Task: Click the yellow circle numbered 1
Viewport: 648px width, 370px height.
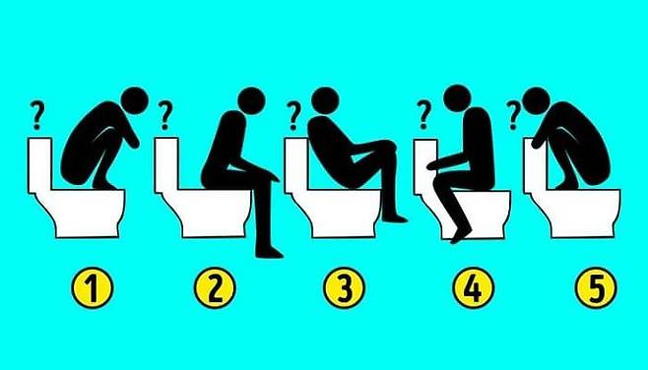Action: (93, 287)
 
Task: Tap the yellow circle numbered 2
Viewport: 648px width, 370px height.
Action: (215, 287)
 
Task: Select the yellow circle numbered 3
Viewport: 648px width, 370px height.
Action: (345, 287)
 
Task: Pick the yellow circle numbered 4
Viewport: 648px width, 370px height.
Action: (473, 287)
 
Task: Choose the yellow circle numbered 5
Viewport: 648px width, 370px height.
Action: (596, 287)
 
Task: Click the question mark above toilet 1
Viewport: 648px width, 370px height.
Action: (37, 116)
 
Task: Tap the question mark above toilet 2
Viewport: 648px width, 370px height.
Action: (164, 115)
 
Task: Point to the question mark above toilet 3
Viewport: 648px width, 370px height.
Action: (293, 116)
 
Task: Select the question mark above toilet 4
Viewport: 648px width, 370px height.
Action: (423, 115)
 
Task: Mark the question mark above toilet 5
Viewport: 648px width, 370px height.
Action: (513, 115)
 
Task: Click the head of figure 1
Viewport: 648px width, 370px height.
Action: (135, 100)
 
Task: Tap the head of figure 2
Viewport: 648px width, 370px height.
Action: (251, 100)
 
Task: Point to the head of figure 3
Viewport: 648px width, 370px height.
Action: (325, 100)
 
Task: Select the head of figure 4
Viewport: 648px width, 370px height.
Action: (457, 98)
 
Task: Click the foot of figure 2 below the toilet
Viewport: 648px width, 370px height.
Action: (270, 252)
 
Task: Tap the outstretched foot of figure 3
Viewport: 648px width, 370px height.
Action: (395, 217)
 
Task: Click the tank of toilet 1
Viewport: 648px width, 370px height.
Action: (39, 165)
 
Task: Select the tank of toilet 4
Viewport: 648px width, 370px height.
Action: (425, 166)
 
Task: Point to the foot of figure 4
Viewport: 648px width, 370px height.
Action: (461, 235)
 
